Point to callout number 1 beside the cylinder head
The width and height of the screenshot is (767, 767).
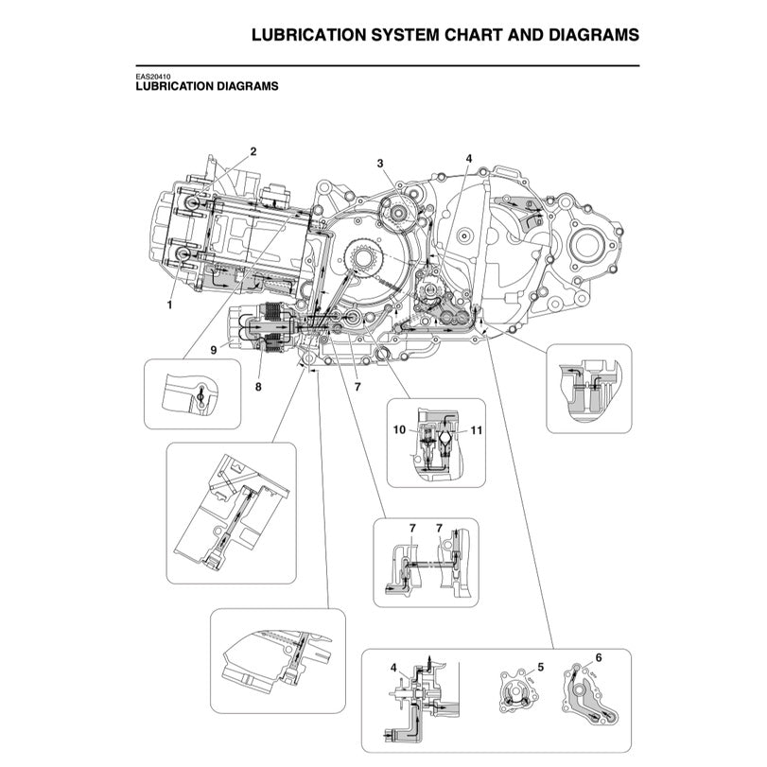pos(170,305)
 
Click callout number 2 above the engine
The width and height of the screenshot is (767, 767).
pos(253,151)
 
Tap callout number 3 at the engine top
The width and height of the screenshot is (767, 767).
pos(380,164)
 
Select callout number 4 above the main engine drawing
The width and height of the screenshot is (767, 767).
pos(468,158)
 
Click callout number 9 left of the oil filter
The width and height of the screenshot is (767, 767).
pos(214,350)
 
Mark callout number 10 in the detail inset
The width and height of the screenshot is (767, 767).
pos(399,430)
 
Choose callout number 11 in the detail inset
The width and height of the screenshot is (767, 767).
pos(477,430)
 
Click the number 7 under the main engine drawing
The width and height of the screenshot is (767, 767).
pos(357,387)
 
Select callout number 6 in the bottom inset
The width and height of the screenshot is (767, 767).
pos(598,656)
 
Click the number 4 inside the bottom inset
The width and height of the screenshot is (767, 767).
pos(393,668)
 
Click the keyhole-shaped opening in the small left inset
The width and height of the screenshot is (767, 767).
pos(200,398)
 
